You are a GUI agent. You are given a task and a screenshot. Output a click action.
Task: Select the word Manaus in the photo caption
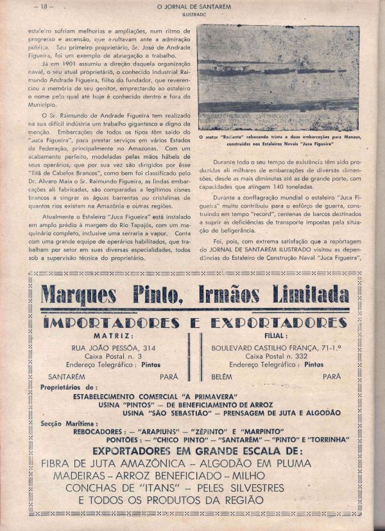pyautogui.click(x=350, y=137)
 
